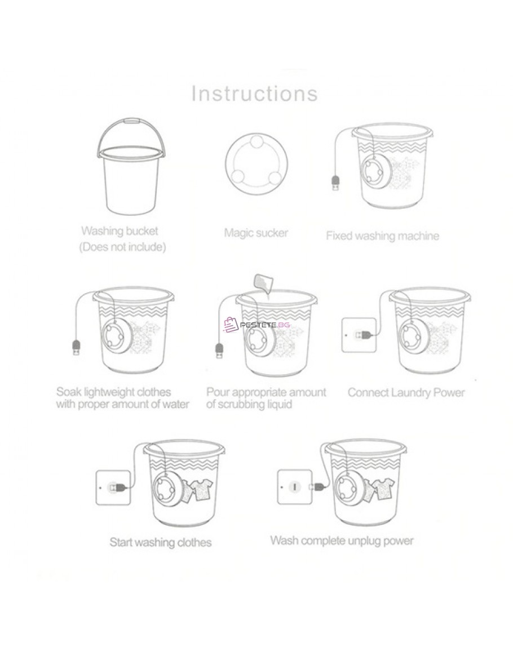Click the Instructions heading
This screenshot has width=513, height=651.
click(x=255, y=94)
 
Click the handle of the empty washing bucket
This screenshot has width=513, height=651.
click(x=131, y=122)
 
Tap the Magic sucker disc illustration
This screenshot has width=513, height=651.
click(x=256, y=161)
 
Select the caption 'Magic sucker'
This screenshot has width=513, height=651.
click(x=256, y=232)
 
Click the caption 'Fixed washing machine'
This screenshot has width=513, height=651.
click(x=382, y=236)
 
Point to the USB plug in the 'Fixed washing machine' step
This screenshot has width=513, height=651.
click(x=335, y=183)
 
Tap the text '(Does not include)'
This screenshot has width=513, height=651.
click(x=122, y=247)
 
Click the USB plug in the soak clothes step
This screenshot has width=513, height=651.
click(x=76, y=347)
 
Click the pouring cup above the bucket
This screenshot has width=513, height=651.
click(x=261, y=283)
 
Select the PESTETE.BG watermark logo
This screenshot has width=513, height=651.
click(x=256, y=325)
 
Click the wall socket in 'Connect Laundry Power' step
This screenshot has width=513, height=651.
click(x=359, y=335)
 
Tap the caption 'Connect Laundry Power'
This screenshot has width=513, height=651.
click(x=406, y=392)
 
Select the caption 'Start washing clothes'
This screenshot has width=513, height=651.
click(x=160, y=542)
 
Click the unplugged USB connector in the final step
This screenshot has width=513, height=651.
click(x=317, y=486)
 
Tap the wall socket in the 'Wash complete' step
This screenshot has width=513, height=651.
click(x=294, y=486)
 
